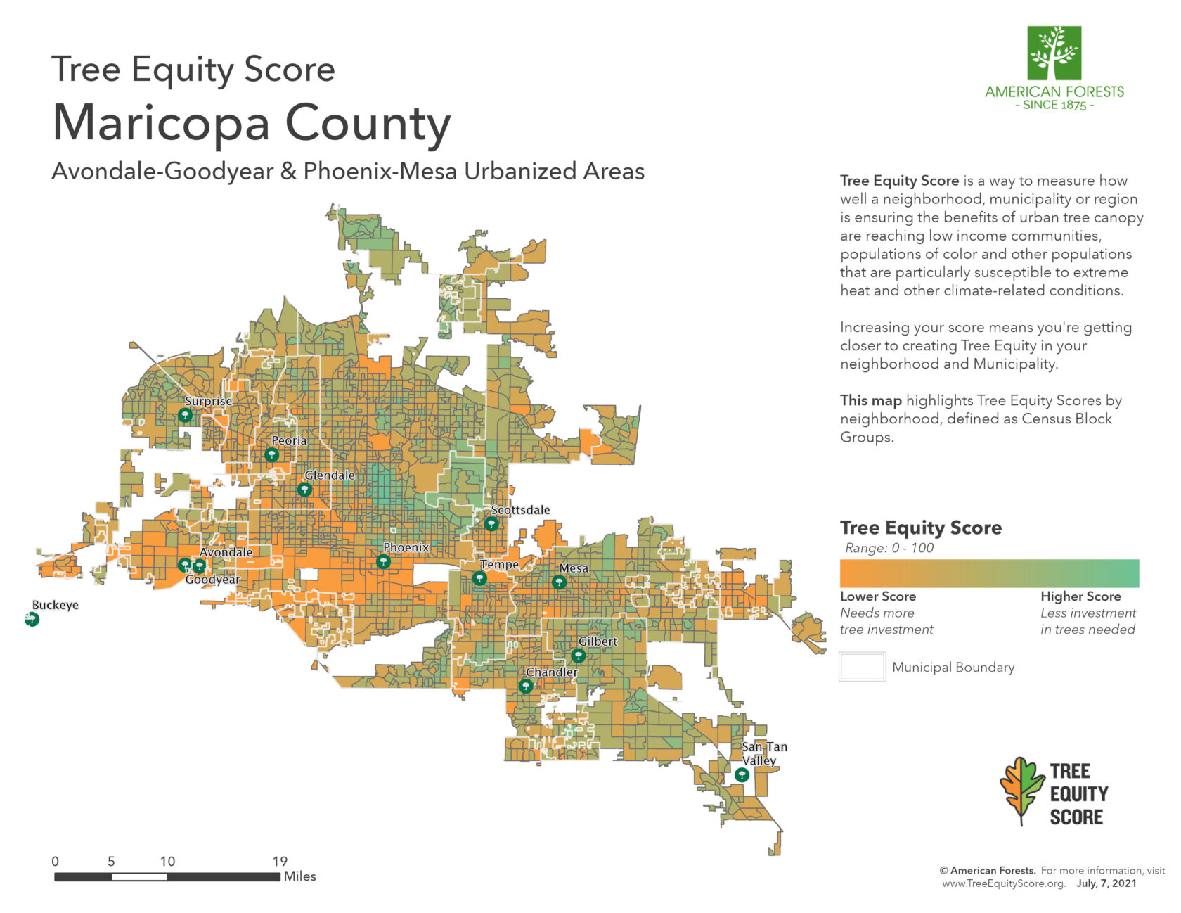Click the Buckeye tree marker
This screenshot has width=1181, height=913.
32,620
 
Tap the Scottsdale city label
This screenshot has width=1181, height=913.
520,510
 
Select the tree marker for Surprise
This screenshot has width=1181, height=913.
185,415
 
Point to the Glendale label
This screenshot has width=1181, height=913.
329,475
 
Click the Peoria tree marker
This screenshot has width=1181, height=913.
271,455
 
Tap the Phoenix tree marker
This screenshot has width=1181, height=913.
383,561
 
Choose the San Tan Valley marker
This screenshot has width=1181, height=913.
742,774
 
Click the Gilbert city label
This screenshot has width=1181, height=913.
598,641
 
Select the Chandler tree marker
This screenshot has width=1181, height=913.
526,686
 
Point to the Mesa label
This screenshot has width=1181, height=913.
574,568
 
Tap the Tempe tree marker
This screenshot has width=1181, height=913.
479,578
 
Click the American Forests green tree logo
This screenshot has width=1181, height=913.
1054,53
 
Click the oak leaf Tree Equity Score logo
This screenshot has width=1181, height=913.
1023,791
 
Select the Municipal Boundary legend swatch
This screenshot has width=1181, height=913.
862,667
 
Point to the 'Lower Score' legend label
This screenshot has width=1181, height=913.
878,596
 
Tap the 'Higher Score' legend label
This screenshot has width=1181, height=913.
1080,596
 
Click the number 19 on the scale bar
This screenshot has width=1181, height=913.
280,861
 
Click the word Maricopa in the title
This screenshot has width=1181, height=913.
161,124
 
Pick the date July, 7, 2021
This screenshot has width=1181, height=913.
1106,883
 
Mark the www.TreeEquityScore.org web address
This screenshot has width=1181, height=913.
1003,883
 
